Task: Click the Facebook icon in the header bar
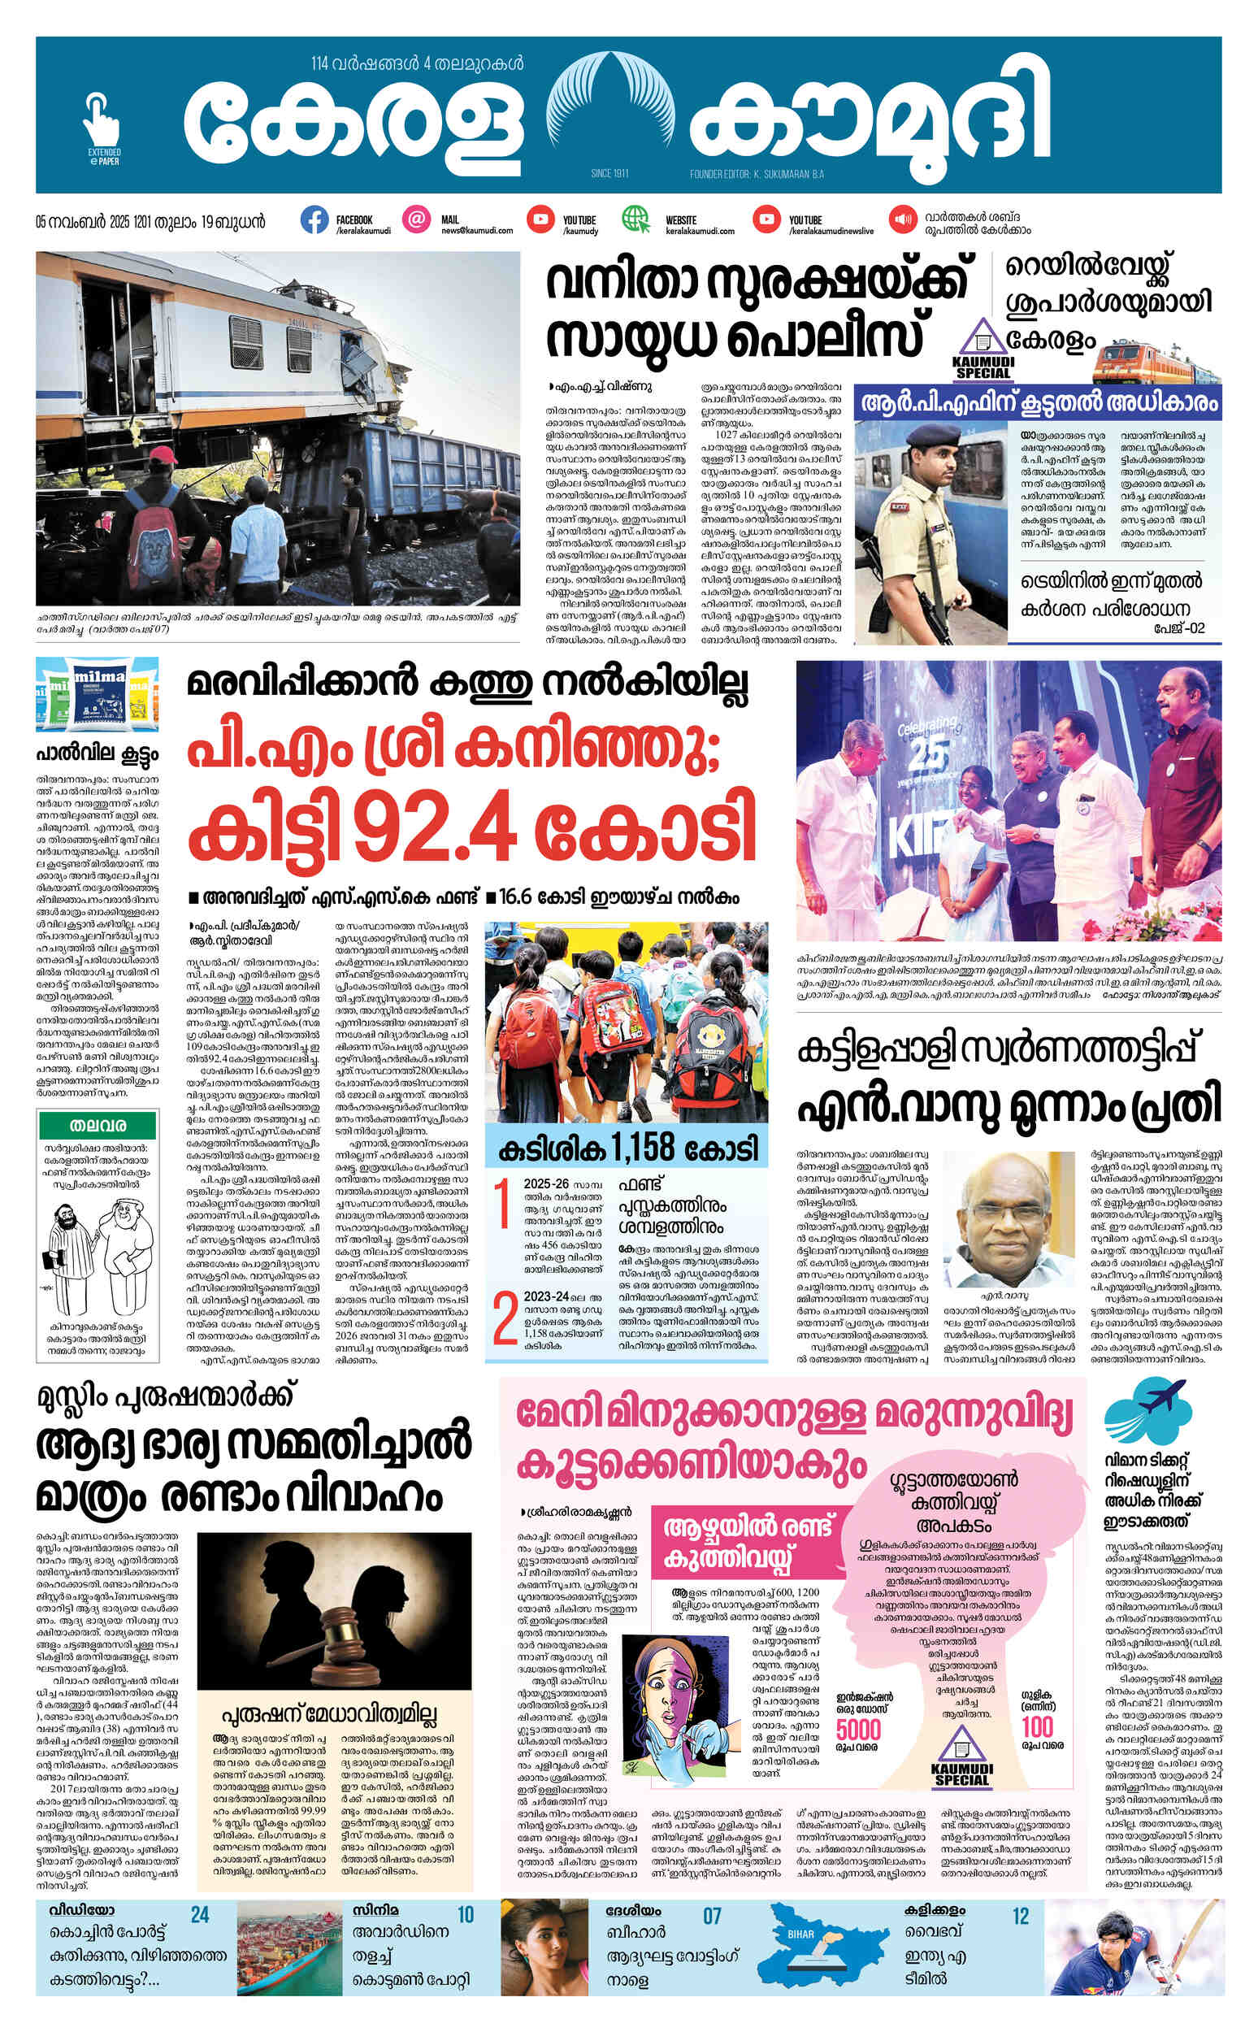pyautogui.click(x=314, y=220)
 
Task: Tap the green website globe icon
pyautogui.click(x=636, y=219)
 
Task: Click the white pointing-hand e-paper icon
pyautogui.click(x=102, y=122)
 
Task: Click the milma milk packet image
pyautogui.click(x=98, y=696)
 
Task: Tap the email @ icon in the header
pyautogui.click(x=417, y=220)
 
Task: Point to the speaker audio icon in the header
pyautogui.click(x=901, y=220)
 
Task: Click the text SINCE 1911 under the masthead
pyautogui.click(x=613, y=173)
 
